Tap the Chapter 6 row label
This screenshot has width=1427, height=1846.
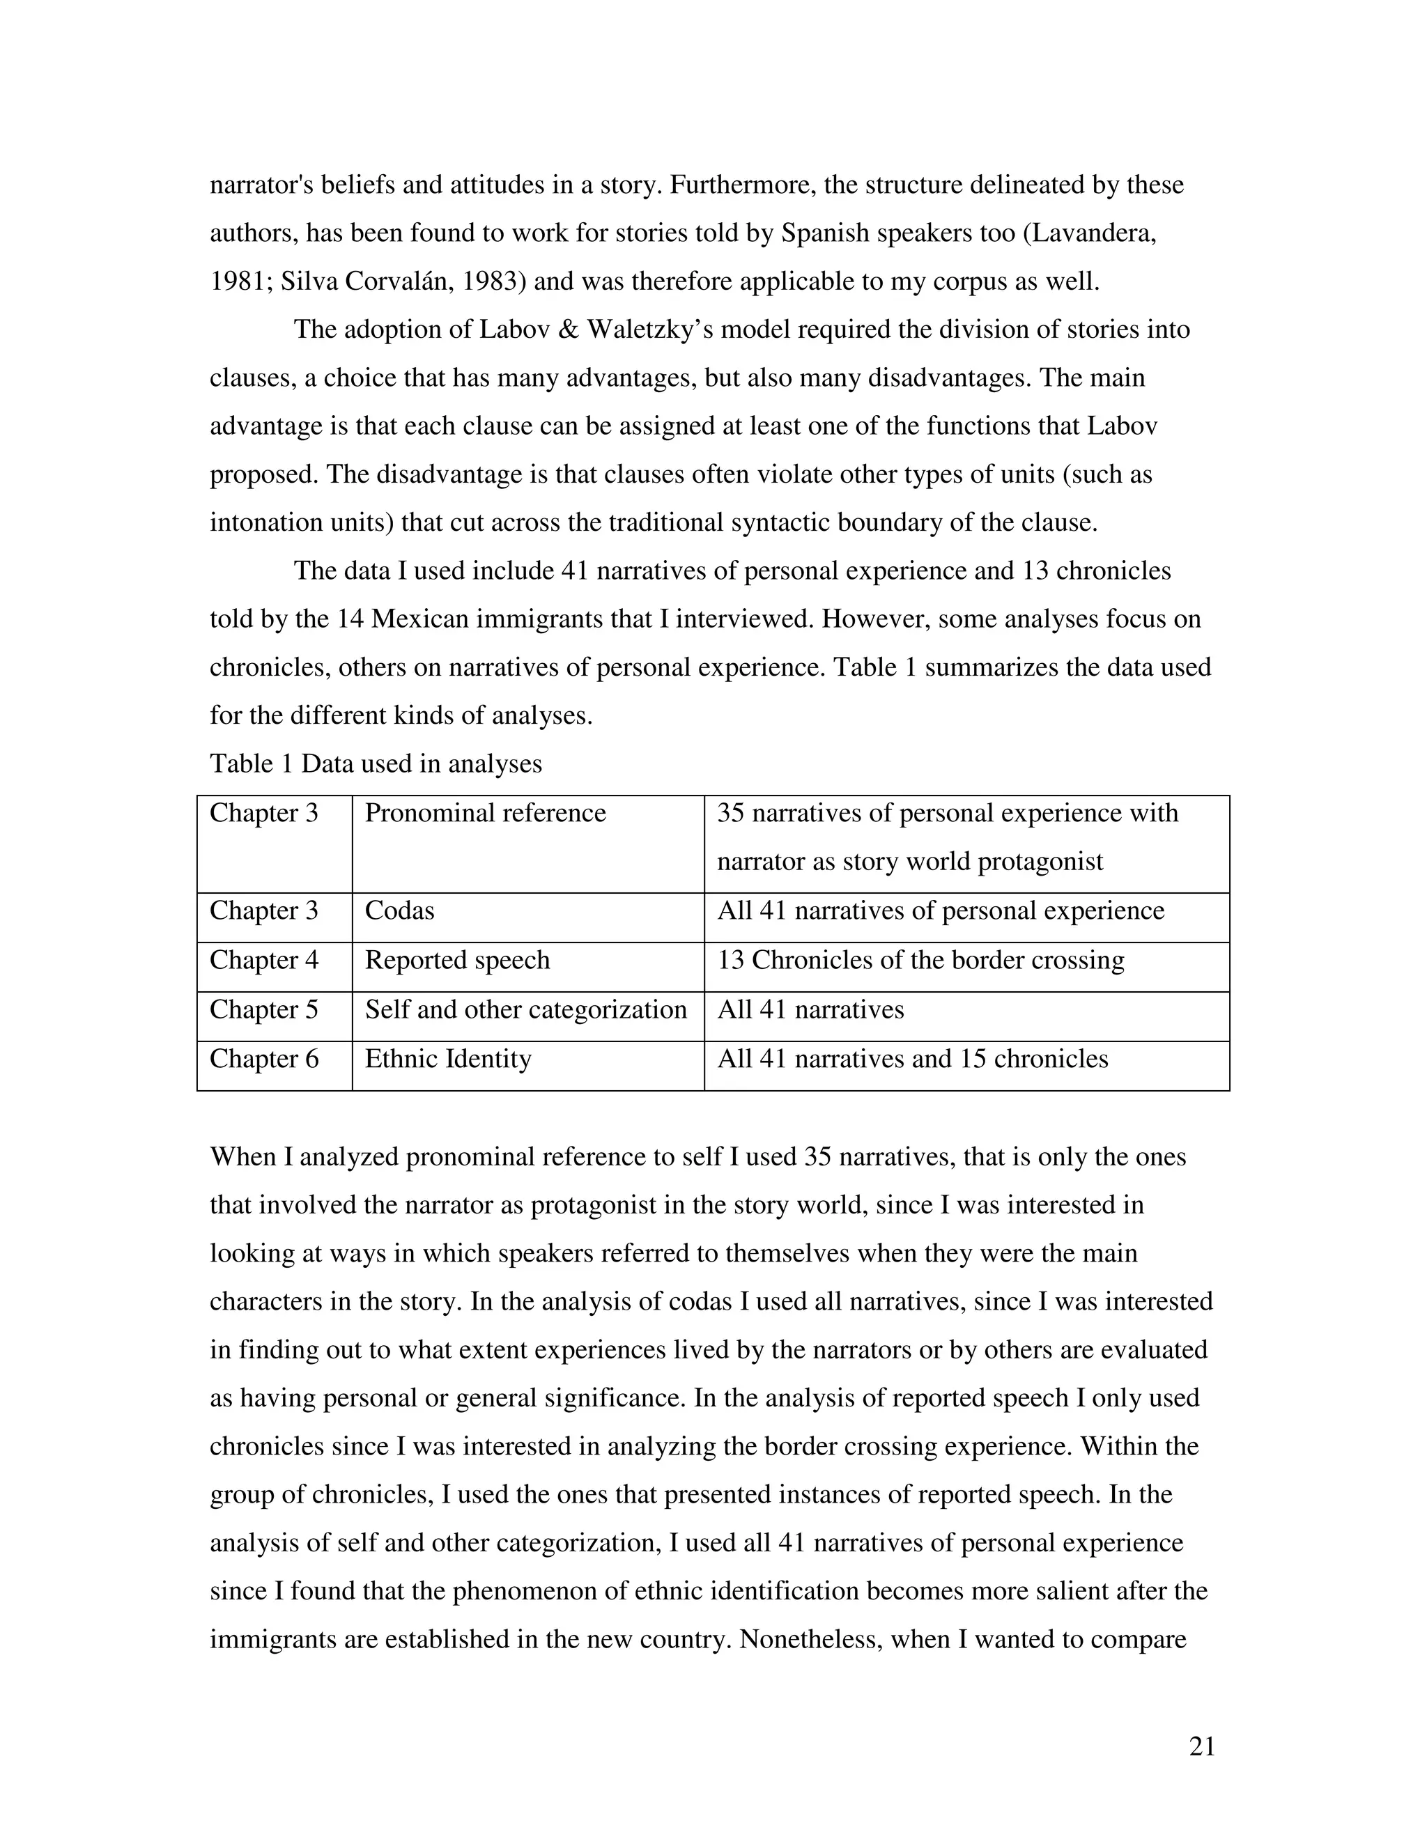264,1059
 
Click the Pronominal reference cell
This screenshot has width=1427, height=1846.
485,813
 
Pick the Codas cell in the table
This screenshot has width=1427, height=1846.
399,911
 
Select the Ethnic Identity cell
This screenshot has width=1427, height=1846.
448,1059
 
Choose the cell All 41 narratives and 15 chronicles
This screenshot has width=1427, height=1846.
912,1059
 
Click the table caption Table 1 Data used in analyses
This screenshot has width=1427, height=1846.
376,764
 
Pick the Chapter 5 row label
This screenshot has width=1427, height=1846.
264,1009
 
